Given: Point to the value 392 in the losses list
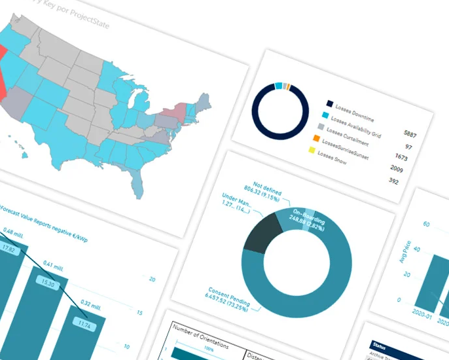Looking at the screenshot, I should coord(393,181).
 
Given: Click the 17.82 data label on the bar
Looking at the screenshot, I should coord(9,248).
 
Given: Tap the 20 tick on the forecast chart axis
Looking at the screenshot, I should coord(152,279).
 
